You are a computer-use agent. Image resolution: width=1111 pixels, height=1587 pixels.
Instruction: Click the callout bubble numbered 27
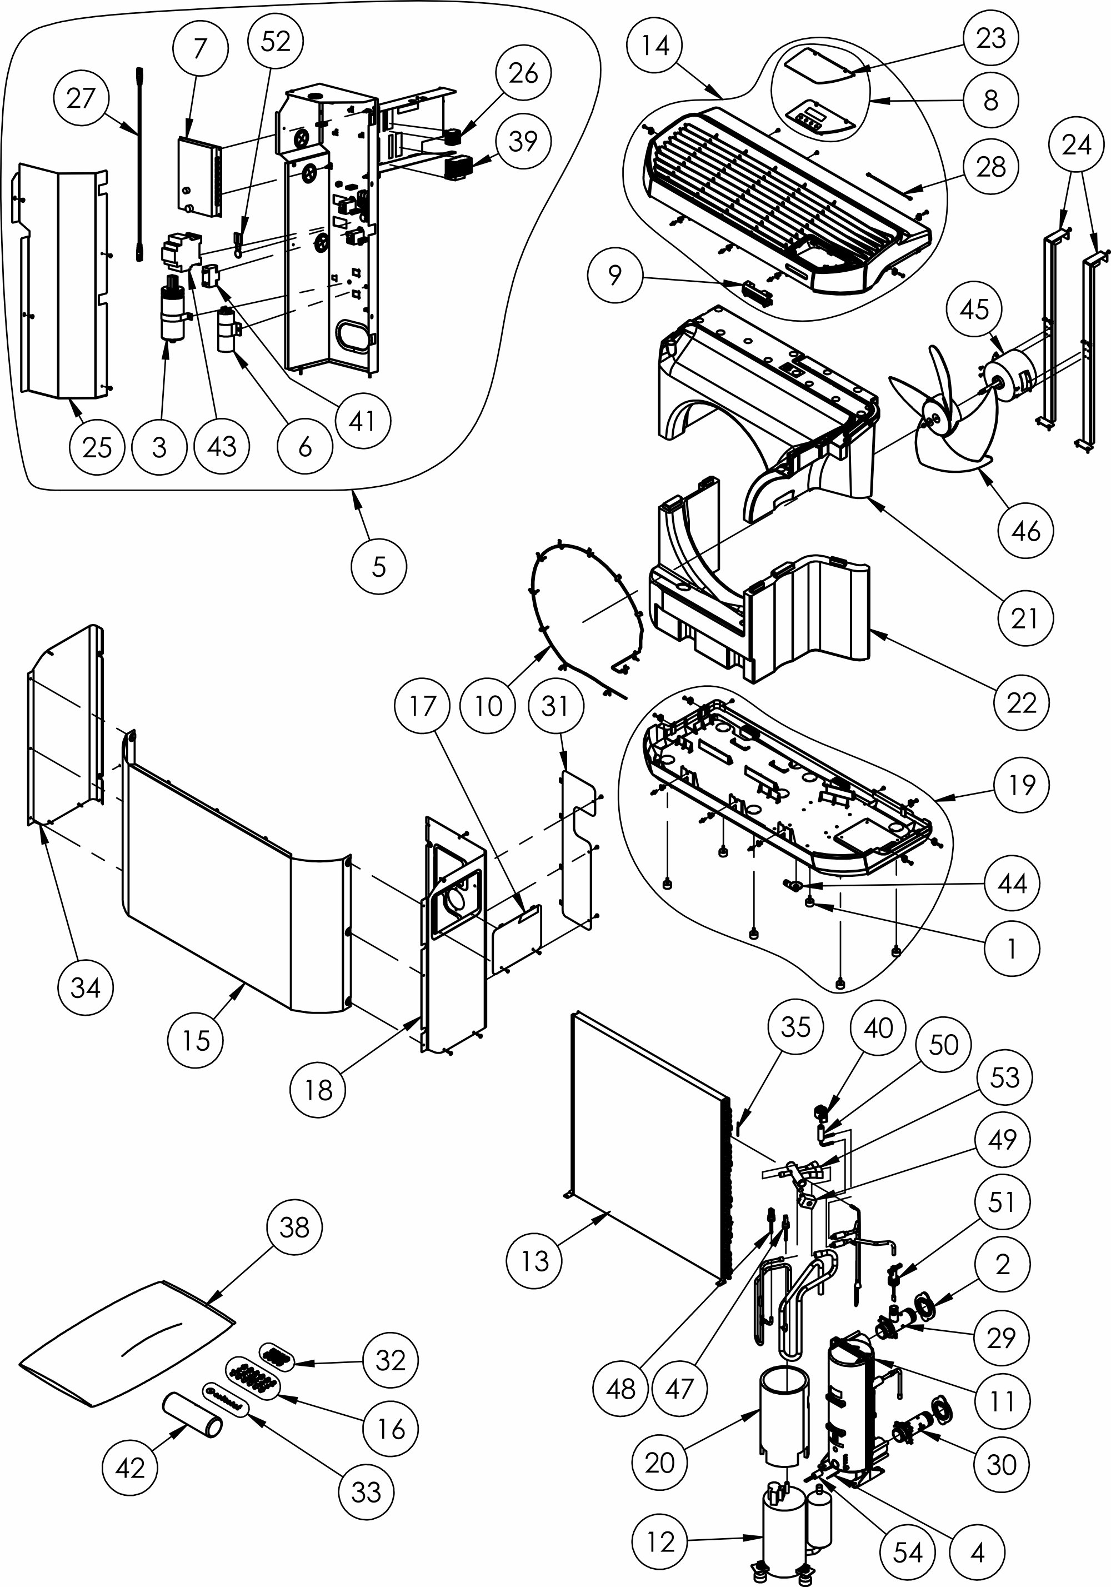80,99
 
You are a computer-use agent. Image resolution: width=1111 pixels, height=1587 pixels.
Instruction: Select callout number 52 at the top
276,42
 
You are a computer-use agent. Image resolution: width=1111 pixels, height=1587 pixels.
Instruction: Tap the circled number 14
655,46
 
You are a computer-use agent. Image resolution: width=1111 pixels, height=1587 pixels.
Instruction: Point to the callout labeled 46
1025,532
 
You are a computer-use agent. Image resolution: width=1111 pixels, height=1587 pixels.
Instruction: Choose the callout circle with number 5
379,567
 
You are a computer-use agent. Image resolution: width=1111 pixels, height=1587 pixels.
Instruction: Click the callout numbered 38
294,1227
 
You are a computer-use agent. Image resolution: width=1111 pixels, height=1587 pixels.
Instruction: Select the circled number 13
534,1261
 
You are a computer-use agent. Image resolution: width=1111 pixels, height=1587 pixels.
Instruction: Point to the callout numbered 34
86,988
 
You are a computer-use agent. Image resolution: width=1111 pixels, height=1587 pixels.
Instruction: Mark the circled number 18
318,1090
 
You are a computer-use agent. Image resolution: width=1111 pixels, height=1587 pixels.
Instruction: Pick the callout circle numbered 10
488,706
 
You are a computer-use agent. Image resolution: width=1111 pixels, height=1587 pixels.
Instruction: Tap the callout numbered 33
366,1493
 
